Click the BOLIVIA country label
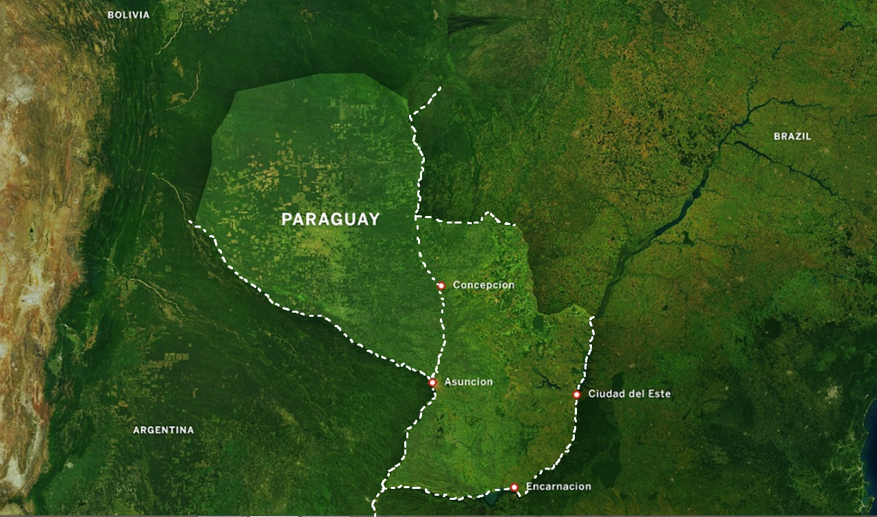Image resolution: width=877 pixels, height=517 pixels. click(128, 14)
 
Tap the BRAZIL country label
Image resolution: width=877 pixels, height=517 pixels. click(792, 136)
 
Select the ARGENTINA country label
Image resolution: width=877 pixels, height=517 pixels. click(163, 430)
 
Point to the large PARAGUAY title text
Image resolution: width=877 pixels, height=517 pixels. click(330, 219)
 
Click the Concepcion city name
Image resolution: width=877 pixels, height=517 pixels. click(483, 285)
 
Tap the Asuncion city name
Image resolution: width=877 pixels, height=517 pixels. click(468, 382)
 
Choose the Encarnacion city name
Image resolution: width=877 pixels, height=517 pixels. click(558, 487)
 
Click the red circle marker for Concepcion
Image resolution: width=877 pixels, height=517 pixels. click(441, 285)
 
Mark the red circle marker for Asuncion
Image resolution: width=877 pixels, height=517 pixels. click(432, 383)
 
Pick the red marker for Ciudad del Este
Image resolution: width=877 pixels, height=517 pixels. click(577, 394)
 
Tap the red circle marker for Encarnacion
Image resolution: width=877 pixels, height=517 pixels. click(514, 488)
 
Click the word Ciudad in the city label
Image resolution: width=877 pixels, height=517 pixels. click(606, 394)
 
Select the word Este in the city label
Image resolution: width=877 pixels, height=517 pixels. click(659, 394)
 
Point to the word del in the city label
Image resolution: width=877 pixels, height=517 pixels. click(635, 394)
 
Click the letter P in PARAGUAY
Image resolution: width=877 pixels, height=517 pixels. click(287, 219)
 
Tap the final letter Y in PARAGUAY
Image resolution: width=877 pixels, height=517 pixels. click(373, 219)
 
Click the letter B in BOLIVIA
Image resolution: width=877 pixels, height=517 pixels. click(110, 14)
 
